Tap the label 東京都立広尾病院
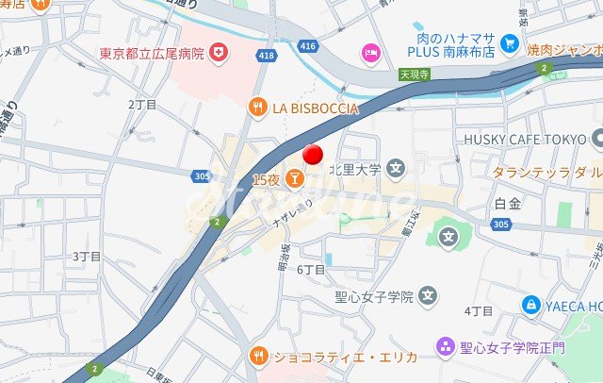pyautogui.click(x=152, y=53)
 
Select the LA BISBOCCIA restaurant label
pyautogui.click(x=316, y=108)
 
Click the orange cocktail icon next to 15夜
pyautogui.click(x=294, y=177)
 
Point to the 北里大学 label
pyautogui.click(x=354, y=170)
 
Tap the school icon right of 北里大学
pyautogui.click(x=396, y=170)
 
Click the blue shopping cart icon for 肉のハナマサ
pyautogui.click(x=510, y=42)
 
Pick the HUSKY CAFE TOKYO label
pyautogui.click(x=525, y=139)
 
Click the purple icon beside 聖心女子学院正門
pyautogui.click(x=445, y=348)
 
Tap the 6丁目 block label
pyautogui.click(x=311, y=270)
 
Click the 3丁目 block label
pyautogui.click(x=87, y=256)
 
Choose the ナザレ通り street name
pyautogui.click(x=292, y=214)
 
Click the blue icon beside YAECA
pyautogui.click(x=531, y=306)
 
